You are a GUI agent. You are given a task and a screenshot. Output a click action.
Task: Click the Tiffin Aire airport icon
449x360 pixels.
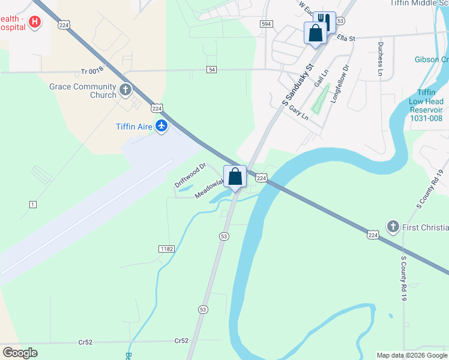pos(161,126)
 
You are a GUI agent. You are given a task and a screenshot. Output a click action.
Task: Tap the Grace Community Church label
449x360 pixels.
pos(83,91)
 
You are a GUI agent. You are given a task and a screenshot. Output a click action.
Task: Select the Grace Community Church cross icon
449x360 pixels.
pos(125,91)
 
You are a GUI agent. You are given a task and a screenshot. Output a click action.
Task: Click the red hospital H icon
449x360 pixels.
pos(35,22)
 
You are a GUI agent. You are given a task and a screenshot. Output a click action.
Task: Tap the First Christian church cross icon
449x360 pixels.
pos(393,226)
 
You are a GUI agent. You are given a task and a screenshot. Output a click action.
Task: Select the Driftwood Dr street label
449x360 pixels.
pos(190,174)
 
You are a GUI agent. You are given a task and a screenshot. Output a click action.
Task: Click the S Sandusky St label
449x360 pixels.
pos(298,85)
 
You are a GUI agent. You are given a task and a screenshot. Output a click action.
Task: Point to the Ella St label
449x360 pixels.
pos(346,38)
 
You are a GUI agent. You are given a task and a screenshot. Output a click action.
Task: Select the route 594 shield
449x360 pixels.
pos(267,23)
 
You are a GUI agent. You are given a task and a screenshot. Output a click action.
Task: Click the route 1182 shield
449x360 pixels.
pos(166,248)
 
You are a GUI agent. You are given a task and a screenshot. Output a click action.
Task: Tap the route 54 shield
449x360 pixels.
pos(211,70)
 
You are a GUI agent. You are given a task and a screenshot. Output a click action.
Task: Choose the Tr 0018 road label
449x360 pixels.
pos(93,72)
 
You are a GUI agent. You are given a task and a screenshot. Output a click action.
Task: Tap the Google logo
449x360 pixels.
pos(20,353)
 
